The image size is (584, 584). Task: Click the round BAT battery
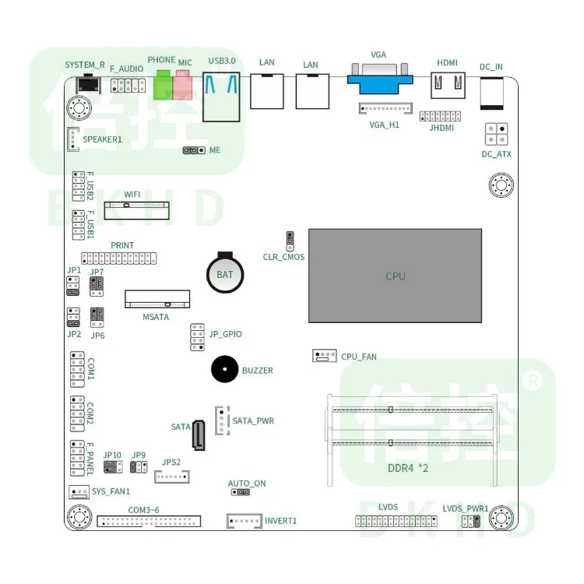coord(224,274)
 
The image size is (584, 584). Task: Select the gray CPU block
coord(395,276)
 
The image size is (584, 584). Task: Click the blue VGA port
coord(378,79)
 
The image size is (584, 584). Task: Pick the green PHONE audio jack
coord(163,86)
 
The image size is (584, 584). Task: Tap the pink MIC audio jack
coord(182,86)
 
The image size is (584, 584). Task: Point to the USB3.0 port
coord(220,95)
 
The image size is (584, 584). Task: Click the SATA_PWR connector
coord(221,420)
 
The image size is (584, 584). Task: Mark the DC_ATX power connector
coord(497,134)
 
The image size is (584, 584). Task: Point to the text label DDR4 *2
coord(409,469)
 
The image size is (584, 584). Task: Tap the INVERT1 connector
coord(244,521)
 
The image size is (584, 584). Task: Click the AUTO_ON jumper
coord(240,492)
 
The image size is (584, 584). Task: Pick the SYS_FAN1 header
coord(78,491)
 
